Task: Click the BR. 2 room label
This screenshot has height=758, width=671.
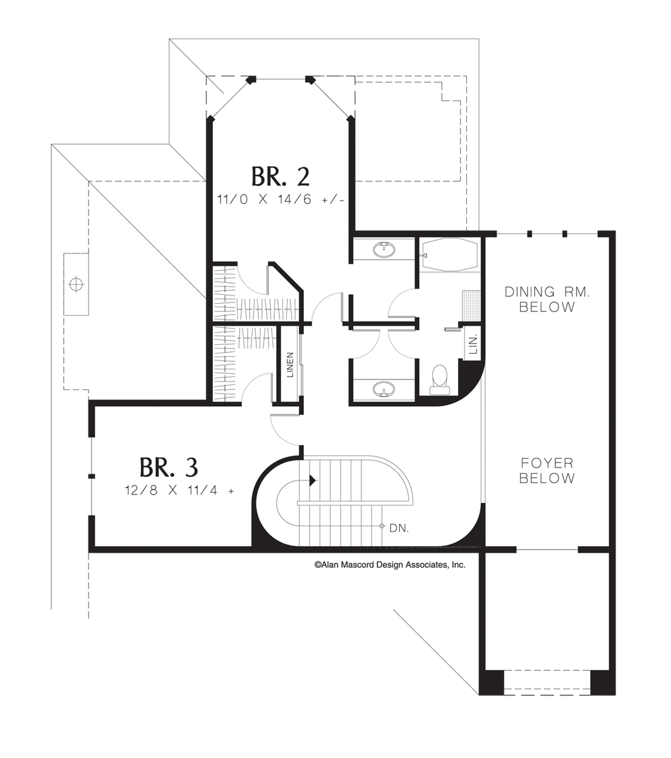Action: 280,176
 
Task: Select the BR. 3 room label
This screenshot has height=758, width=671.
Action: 169,467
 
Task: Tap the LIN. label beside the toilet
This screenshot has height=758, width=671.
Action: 473,344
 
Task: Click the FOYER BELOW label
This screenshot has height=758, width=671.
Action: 547,471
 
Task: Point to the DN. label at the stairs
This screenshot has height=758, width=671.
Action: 399,527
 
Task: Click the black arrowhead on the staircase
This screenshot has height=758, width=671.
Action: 313,481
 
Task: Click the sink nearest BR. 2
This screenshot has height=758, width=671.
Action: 383,250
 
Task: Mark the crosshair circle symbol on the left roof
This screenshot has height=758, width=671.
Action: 76,284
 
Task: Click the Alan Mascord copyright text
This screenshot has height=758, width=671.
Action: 390,565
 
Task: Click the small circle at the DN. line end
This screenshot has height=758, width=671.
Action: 382,526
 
